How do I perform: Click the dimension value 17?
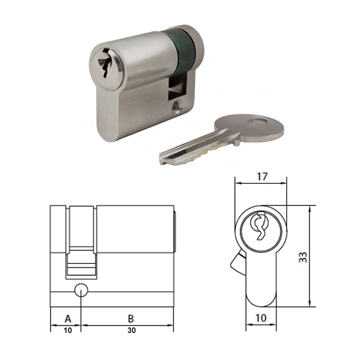point(261,176)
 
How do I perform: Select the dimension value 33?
point(302,257)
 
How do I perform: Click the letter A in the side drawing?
point(68,318)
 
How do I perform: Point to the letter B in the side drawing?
point(131,318)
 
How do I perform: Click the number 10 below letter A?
point(67,330)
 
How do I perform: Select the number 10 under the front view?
point(261,318)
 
